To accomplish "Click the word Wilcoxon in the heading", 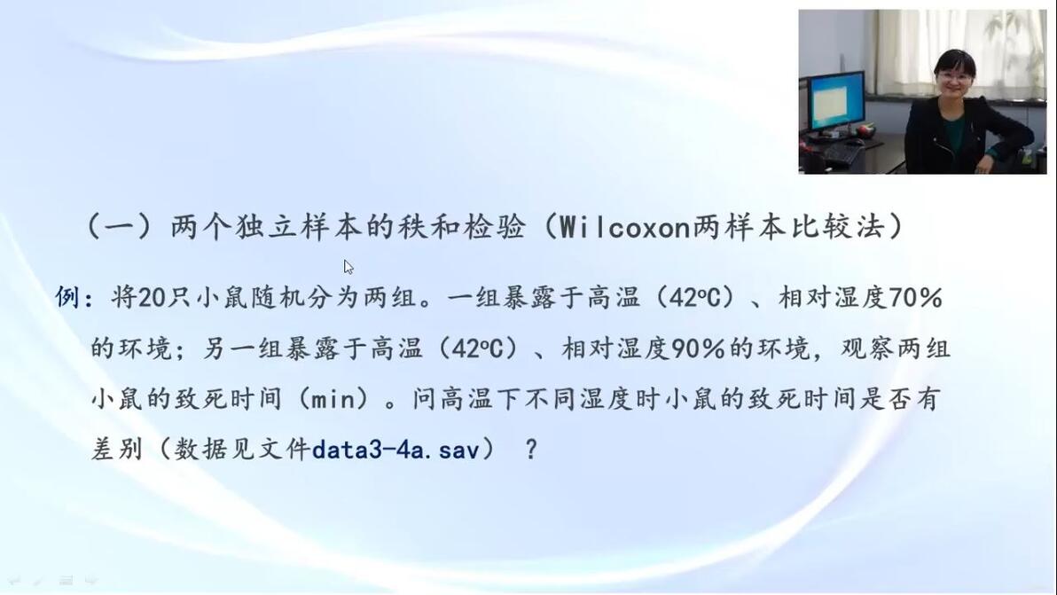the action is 624,227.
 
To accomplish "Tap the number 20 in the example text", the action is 153,297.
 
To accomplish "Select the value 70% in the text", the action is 915,297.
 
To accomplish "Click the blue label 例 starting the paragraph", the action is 68,297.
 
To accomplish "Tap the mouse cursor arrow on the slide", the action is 348,267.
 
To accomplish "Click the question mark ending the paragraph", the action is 531,450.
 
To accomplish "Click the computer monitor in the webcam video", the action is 836,101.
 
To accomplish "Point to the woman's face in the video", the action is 954,78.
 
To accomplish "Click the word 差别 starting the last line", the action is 117,450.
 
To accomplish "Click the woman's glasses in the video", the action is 954,77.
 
